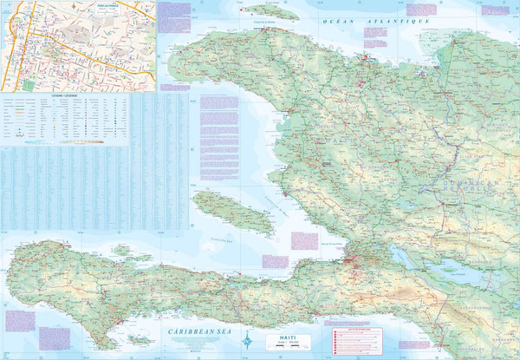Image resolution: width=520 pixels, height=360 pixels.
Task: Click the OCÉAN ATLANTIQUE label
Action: tap(376, 20)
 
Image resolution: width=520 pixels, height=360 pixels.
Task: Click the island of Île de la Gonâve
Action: tap(232, 213)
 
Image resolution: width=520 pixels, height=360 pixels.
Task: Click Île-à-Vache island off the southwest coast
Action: tap(139, 340)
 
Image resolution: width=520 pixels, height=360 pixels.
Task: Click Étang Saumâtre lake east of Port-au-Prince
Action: tap(404, 257)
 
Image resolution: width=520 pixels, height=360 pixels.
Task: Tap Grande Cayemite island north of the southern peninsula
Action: tap(121, 250)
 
